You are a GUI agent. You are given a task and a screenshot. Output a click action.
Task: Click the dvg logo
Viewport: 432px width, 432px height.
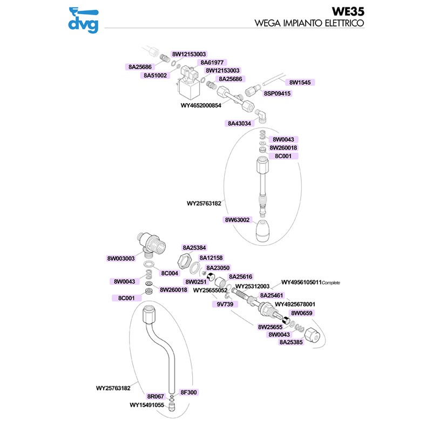point(84,20)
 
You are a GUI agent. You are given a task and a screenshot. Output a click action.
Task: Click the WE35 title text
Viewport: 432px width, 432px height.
point(348,11)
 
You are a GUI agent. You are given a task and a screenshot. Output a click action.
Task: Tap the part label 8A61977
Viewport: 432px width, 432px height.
point(212,63)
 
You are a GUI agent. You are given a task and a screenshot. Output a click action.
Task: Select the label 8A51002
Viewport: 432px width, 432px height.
point(155,75)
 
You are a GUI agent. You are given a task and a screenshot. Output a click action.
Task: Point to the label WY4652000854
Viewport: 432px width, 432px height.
point(201,105)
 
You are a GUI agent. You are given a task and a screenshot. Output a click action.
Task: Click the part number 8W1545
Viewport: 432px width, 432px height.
point(300,83)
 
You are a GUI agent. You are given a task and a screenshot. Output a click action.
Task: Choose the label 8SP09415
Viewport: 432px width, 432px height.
point(277,93)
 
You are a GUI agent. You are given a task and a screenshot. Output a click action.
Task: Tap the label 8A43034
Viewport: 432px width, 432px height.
point(239,124)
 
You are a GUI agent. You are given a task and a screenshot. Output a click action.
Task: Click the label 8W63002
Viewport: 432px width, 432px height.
point(237,220)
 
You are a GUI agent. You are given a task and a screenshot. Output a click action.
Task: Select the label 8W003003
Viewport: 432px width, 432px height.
point(121,259)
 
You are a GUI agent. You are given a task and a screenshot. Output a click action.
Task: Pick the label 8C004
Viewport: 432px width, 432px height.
point(170,273)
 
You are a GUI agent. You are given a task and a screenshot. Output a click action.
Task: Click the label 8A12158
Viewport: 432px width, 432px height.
point(211,258)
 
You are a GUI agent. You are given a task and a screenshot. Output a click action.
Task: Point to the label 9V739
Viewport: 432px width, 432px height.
point(225,304)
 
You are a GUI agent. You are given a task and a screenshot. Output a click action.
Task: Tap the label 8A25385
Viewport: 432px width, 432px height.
point(291,342)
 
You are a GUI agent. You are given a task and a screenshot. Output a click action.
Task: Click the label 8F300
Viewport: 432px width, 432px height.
point(188,393)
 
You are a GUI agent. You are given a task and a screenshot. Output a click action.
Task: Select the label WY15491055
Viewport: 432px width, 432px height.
point(147,405)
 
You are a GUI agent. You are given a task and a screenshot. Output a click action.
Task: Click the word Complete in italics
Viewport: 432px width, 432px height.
point(331,282)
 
